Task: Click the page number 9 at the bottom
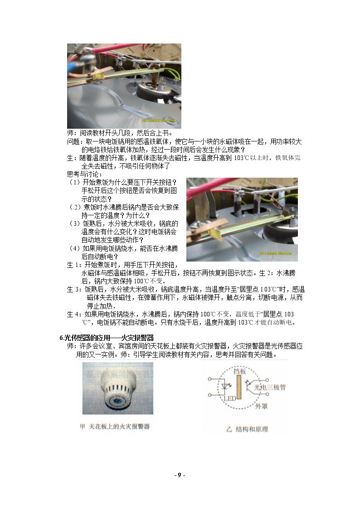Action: pyautogui.click(x=180, y=475)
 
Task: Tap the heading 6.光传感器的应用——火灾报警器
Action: pyautogui.click(x=107, y=338)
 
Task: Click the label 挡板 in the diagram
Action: pyautogui.click(x=239, y=371)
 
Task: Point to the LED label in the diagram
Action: pyautogui.click(x=230, y=398)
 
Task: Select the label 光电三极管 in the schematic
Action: pyautogui.click(x=270, y=387)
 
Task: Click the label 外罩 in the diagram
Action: pyautogui.click(x=261, y=406)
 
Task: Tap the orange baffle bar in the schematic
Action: pyautogui.click(x=239, y=387)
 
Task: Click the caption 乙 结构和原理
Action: pyautogui.click(x=247, y=429)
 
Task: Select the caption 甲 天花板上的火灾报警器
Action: pyautogui.click(x=115, y=426)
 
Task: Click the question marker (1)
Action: pyautogui.click(x=74, y=182)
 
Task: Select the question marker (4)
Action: pyautogui.click(x=74, y=248)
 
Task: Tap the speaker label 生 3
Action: pyautogui.click(x=73, y=289)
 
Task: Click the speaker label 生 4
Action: pyautogui.click(x=73, y=314)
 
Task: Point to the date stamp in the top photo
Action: pyautogui.click(x=159, y=121)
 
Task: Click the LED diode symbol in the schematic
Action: pyautogui.click(x=224, y=387)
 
